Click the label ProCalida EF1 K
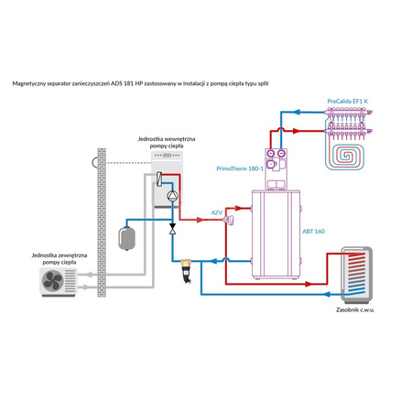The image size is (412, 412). pos(350,103)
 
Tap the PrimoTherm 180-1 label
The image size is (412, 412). pos(241,168)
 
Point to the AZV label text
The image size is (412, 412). pos(217,211)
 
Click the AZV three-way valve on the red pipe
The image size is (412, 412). pos(230,220)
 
